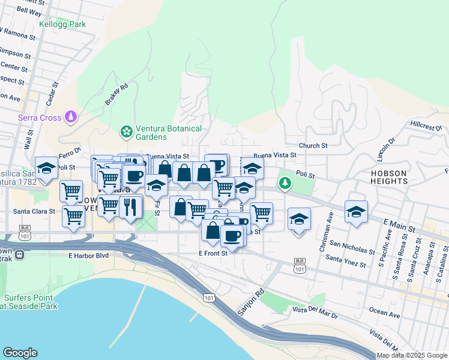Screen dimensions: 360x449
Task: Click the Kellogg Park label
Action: (62, 25)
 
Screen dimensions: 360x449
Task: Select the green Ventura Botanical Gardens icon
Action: (127, 131)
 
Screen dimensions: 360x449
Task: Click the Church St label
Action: (313, 145)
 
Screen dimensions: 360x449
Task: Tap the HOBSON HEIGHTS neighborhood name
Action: (388, 177)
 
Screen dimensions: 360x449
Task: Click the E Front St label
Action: (213, 253)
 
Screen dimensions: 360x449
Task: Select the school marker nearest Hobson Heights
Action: (356, 212)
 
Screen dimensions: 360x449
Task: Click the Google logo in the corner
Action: (20, 353)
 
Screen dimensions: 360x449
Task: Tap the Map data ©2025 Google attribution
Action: (412, 355)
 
